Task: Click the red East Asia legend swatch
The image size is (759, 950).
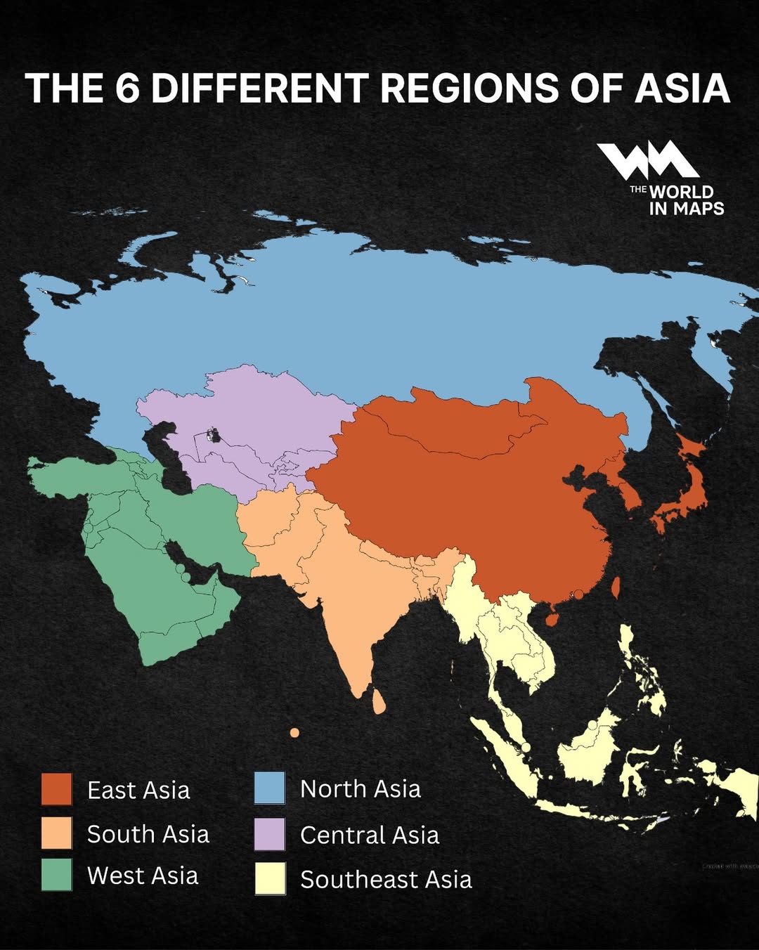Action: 56,789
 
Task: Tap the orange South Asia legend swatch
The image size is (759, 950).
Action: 56,833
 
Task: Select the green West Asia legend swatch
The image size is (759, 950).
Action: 56,876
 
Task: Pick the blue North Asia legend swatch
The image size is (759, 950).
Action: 270,788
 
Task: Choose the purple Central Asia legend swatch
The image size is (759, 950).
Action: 270,834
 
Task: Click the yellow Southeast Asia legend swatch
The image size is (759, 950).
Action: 270,879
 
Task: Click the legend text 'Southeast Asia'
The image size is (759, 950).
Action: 386,880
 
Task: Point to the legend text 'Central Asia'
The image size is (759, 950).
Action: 370,835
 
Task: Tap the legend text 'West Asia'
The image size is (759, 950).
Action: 143,876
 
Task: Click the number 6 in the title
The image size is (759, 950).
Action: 127,89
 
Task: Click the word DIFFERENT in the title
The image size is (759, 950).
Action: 260,89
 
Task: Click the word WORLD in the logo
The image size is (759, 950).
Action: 681,192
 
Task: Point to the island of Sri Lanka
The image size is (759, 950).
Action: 379,702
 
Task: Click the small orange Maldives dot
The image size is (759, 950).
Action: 294,733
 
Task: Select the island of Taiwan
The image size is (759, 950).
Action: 616,587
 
